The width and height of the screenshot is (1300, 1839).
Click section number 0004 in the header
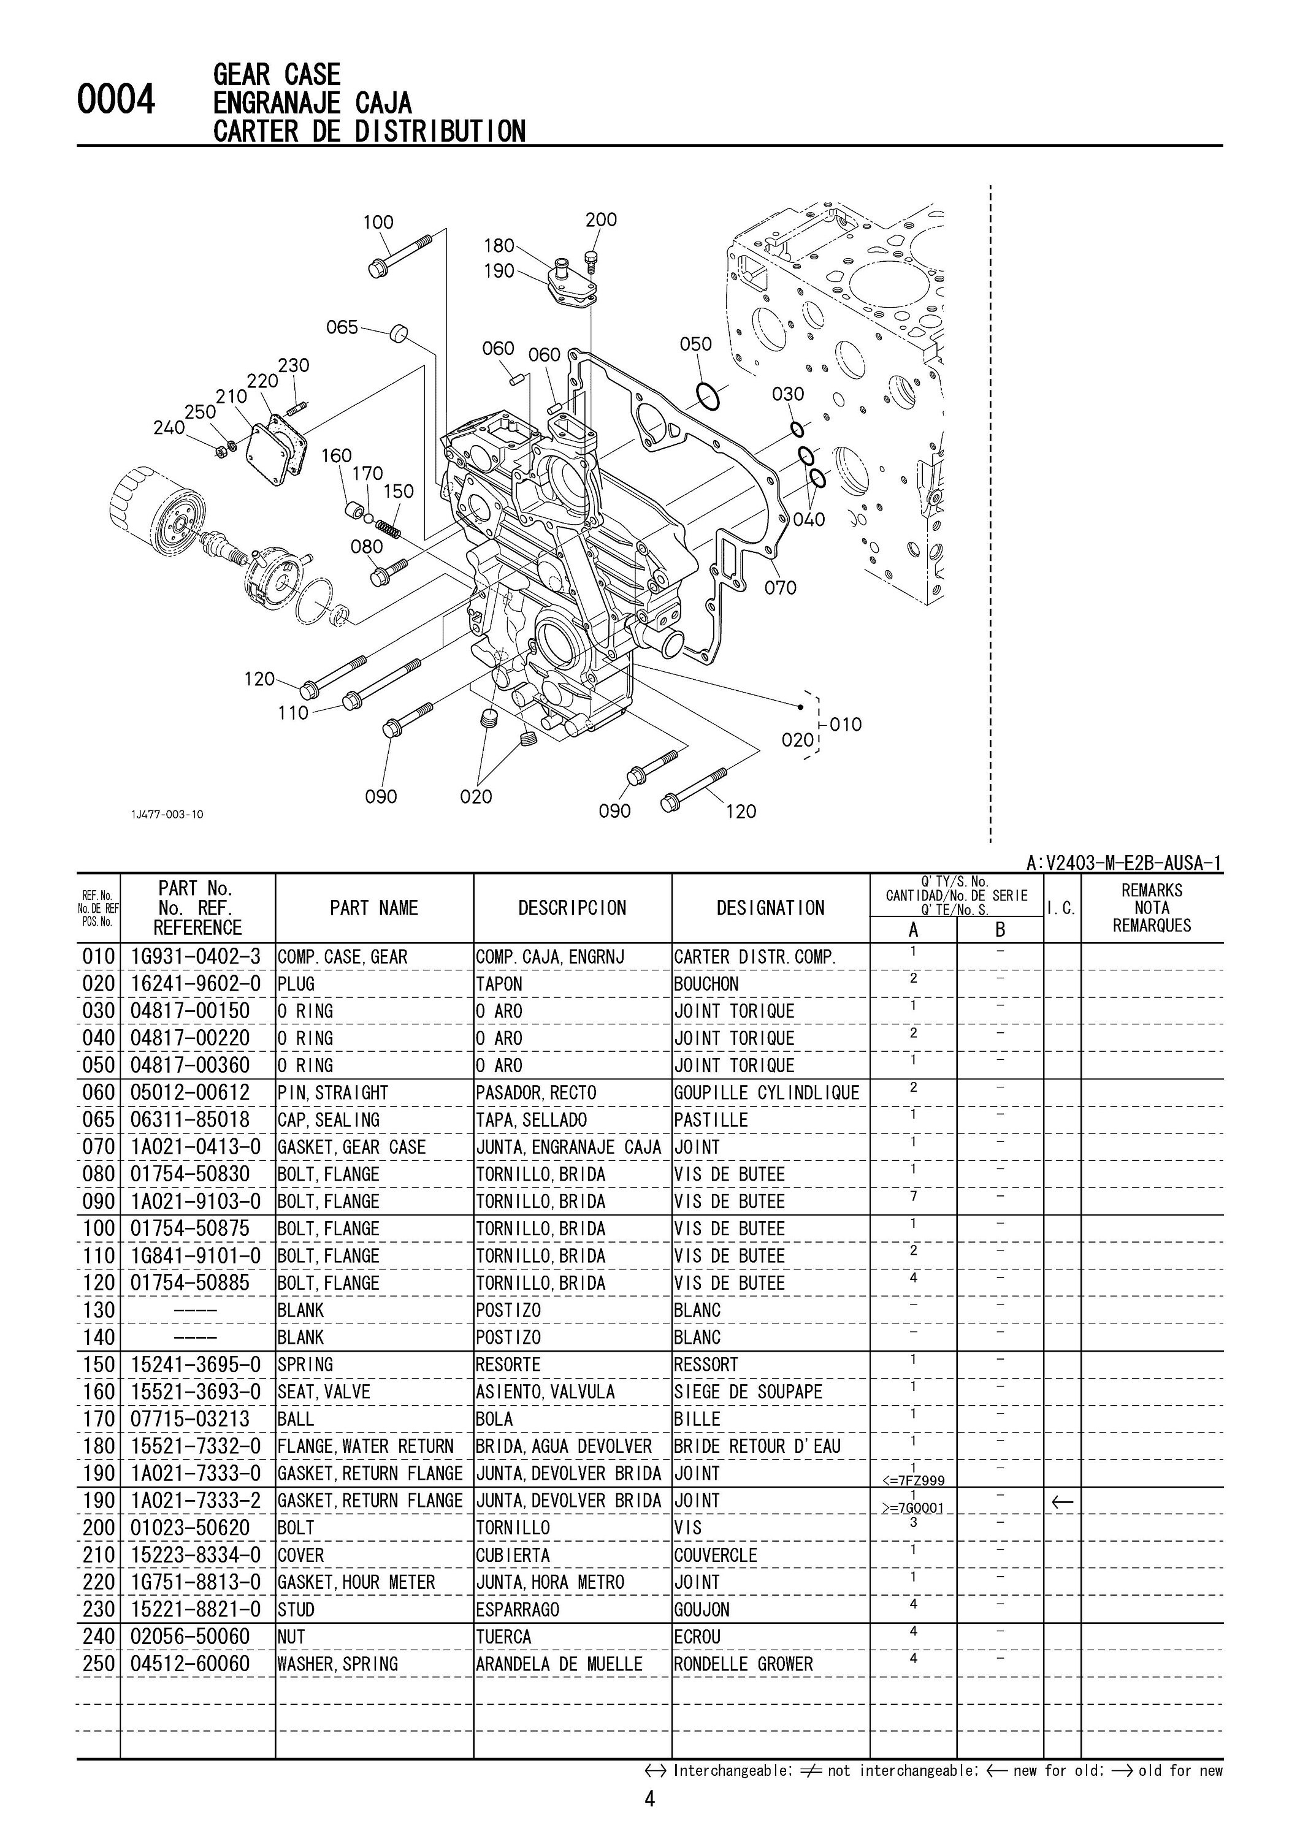click(x=115, y=102)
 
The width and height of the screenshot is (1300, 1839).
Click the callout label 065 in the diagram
click(x=342, y=327)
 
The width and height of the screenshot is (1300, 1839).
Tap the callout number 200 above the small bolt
click(x=601, y=219)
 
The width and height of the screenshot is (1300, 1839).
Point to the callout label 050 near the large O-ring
click(x=695, y=345)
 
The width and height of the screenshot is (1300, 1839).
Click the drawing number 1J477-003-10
click(x=167, y=815)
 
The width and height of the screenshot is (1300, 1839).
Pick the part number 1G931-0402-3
click(x=196, y=957)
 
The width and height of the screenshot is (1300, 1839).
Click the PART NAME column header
click(x=374, y=908)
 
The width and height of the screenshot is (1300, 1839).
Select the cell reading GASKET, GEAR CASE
click(x=351, y=1148)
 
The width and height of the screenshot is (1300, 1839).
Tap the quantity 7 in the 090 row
click(x=913, y=1196)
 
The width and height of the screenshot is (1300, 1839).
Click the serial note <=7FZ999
click(x=912, y=1480)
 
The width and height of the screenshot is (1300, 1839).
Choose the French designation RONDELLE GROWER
click(x=743, y=1664)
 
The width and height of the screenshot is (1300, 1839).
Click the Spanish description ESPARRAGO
click(x=518, y=1610)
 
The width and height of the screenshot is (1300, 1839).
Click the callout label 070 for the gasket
click(x=779, y=588)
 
